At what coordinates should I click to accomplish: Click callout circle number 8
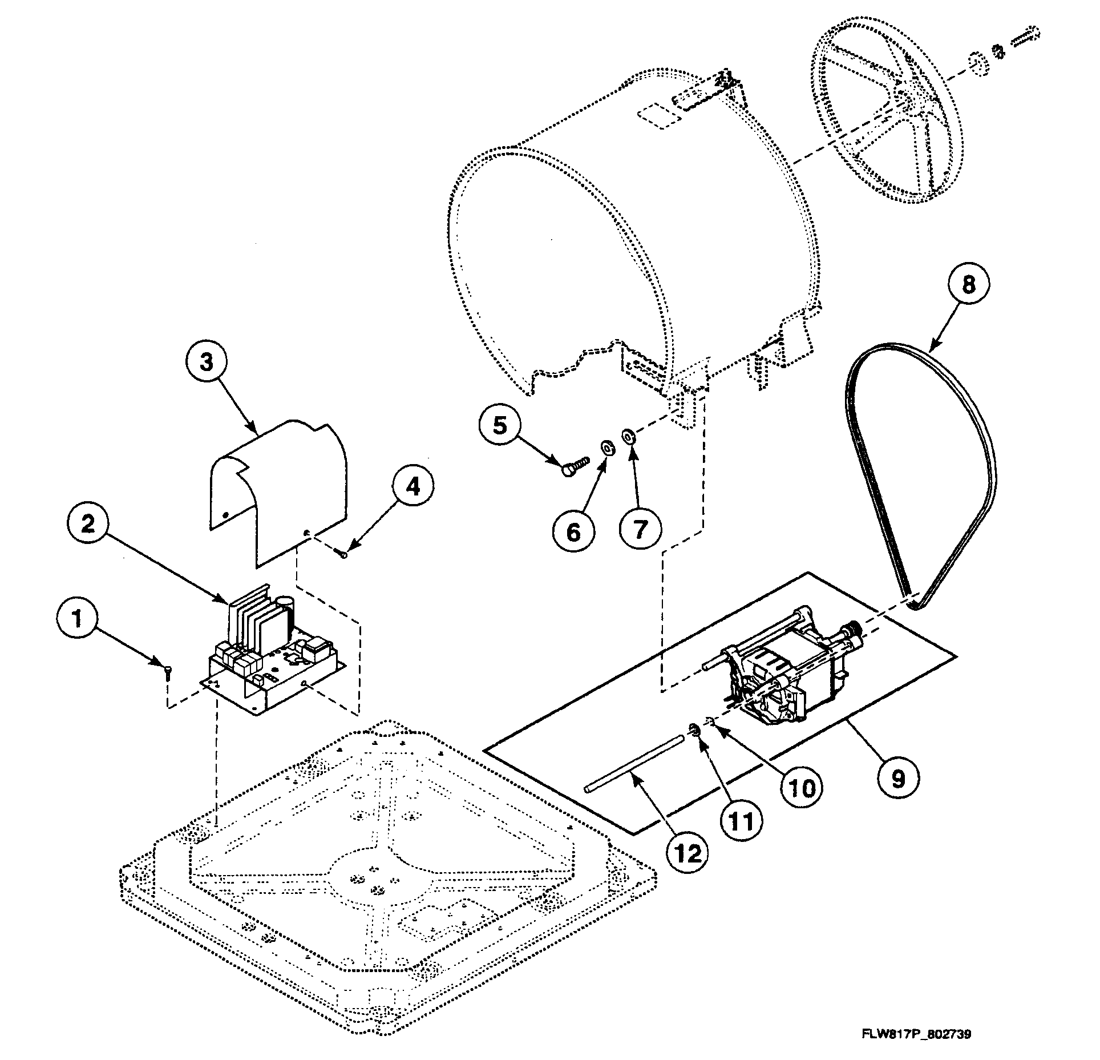[x=969, y=284]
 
